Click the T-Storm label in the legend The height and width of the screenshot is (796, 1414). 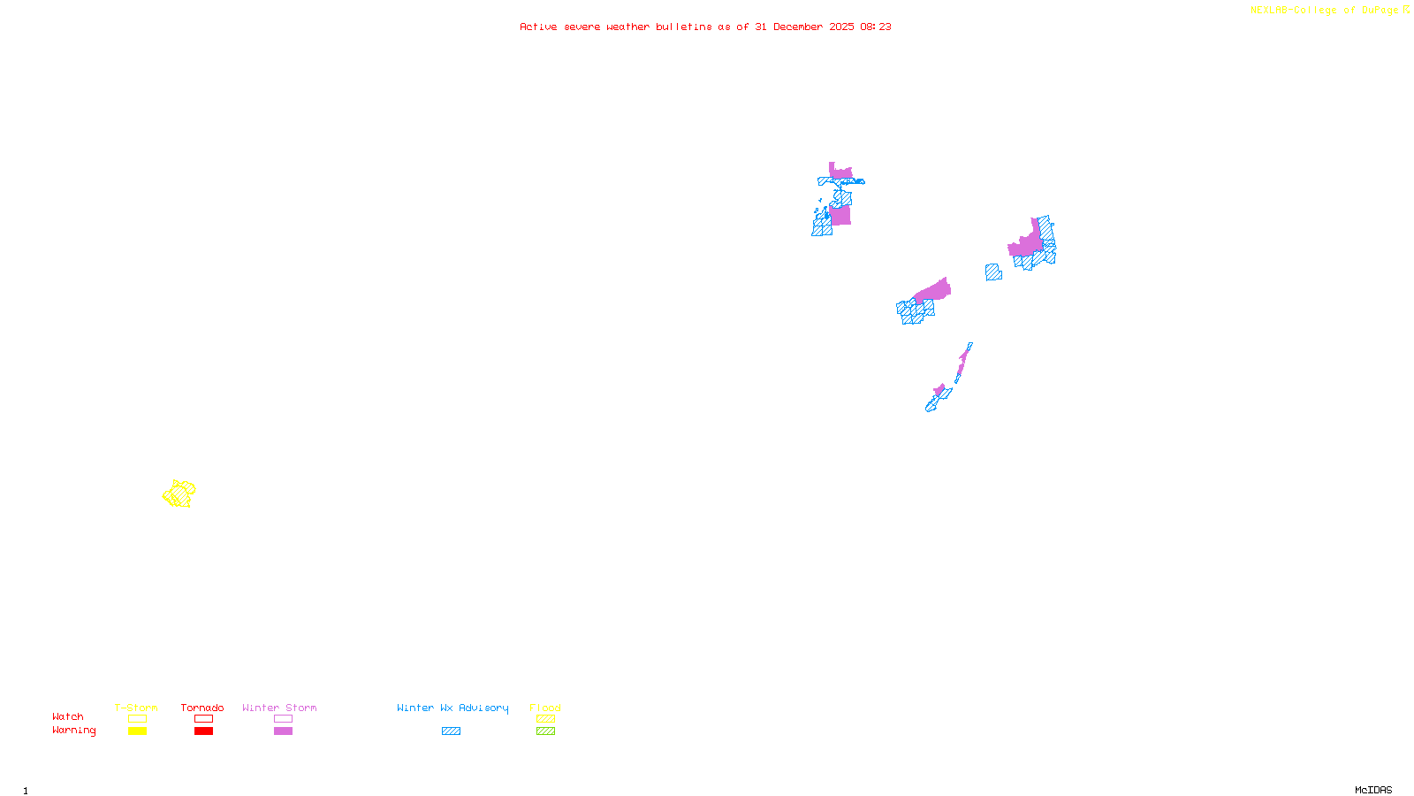pos(136,708)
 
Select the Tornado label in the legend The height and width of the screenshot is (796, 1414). pos(202,708)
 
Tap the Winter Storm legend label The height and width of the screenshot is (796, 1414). pos(279,708)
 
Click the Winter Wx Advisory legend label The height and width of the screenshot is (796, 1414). pos(452,708)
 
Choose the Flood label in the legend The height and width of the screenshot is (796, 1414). pos(545,708)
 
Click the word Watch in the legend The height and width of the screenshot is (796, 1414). pos(68,716)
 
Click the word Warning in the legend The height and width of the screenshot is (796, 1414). pos(74,731)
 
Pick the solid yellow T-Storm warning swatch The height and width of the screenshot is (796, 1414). pos(137,731)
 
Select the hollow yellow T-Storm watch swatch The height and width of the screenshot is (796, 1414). pos(137,719)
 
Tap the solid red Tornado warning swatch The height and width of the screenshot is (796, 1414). pos(204,731)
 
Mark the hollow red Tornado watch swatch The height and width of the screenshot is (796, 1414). pos(204,719)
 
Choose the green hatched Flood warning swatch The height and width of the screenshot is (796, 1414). pos(546,731)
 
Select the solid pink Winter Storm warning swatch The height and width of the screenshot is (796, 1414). pos(283,731)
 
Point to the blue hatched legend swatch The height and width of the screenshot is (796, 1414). pos(451,731)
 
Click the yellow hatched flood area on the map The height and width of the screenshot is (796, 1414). pos(179,494)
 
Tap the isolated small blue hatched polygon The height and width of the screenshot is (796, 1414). pos(993,272)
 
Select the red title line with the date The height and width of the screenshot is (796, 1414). pos(705,27)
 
